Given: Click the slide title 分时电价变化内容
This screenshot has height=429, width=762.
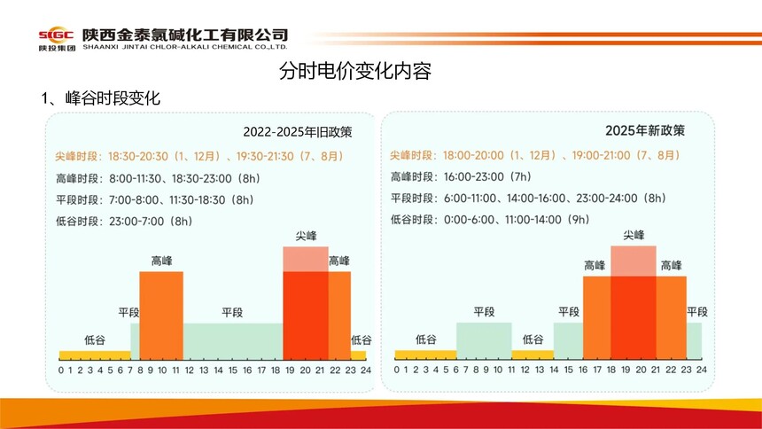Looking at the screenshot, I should tap(354, 72).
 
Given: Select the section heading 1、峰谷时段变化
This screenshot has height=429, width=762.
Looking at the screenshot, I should tap(100, 98).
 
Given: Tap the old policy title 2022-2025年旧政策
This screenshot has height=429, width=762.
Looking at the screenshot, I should tap(298, 133).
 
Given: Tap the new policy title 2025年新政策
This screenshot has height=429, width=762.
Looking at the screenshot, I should tap(645, 130).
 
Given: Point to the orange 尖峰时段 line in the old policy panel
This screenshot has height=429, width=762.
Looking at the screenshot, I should tap(199, 156).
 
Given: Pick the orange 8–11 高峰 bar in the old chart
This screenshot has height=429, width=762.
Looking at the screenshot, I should tap(161, 315).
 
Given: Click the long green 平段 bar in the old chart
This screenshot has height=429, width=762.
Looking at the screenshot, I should tap(233, 341).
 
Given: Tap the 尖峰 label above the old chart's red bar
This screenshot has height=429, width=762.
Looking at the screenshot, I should tap(306, 237).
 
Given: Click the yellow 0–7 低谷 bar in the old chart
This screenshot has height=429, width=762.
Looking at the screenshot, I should tap(95, 355).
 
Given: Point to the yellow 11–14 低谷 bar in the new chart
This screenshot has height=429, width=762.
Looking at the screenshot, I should tap(533, 355).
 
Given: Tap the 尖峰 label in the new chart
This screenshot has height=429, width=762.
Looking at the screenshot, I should tap(634, 235).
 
